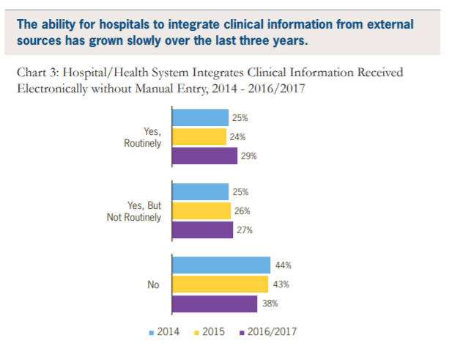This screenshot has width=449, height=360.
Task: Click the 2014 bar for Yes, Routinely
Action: [x=200, y=117]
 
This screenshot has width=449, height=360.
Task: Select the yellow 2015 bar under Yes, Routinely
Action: [x=199, y=136]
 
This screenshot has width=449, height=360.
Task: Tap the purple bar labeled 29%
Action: [x=204, y=155]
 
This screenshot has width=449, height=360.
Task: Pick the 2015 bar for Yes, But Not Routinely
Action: [x=201, y=211]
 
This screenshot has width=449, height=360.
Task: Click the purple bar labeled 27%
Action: [x=202, y=230]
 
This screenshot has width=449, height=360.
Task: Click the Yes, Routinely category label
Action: [x=142, y=137]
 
